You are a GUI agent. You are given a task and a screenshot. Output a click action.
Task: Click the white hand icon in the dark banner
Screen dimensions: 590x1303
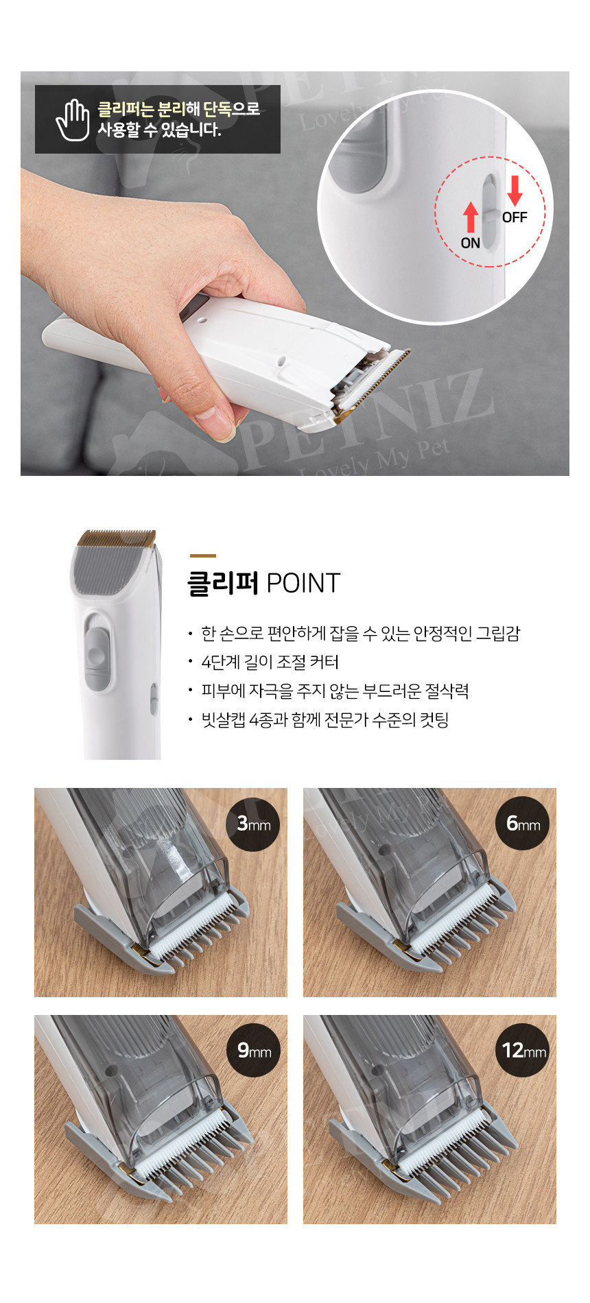73,119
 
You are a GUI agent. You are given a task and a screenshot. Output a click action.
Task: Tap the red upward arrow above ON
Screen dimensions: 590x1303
471,217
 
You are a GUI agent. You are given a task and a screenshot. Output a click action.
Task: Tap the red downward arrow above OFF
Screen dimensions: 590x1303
515,191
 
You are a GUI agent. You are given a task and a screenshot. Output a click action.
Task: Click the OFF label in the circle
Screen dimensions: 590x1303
515,217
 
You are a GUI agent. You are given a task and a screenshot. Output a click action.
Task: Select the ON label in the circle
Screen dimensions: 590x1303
471,243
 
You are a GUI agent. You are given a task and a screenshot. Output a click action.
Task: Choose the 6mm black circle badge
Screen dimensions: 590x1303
523,823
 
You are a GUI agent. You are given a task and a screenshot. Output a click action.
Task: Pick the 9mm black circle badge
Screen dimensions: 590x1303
254,1050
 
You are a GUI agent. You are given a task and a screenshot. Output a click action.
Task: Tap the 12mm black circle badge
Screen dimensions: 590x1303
523,1050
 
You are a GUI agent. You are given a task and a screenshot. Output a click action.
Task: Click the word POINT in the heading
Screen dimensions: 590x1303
303,584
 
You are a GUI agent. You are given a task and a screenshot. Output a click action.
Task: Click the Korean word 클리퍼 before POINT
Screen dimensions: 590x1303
223,584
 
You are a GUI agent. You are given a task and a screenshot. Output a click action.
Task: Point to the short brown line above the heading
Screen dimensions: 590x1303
203,555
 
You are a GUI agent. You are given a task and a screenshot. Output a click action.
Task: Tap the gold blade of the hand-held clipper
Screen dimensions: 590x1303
374,384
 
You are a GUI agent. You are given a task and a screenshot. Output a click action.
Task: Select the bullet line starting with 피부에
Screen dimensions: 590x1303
335,691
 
